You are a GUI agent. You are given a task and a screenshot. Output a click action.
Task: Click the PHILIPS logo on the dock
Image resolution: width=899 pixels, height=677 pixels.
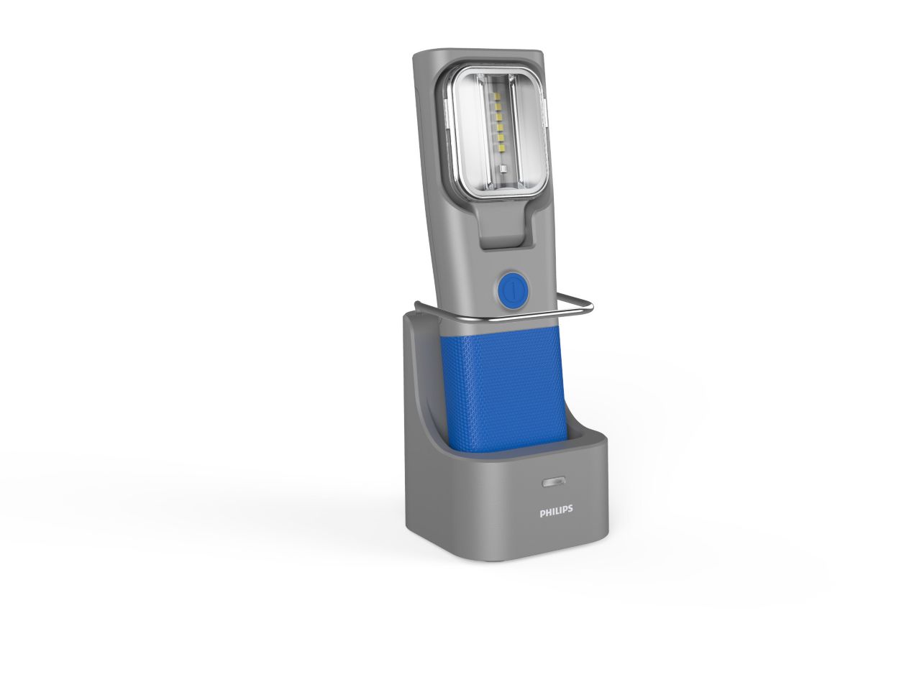point(556,511)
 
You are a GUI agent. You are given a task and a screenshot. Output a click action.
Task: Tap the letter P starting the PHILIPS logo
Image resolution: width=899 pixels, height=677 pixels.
point(542,511)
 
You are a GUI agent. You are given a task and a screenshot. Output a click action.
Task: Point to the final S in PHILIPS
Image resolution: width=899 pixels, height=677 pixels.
point(570,511)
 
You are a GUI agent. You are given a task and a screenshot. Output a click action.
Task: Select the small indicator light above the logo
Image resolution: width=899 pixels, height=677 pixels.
point(553,482)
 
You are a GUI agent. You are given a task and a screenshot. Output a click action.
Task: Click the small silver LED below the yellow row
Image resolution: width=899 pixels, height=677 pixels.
point(503,170)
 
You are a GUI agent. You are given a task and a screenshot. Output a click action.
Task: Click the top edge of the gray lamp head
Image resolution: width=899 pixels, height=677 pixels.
point(478,52)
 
